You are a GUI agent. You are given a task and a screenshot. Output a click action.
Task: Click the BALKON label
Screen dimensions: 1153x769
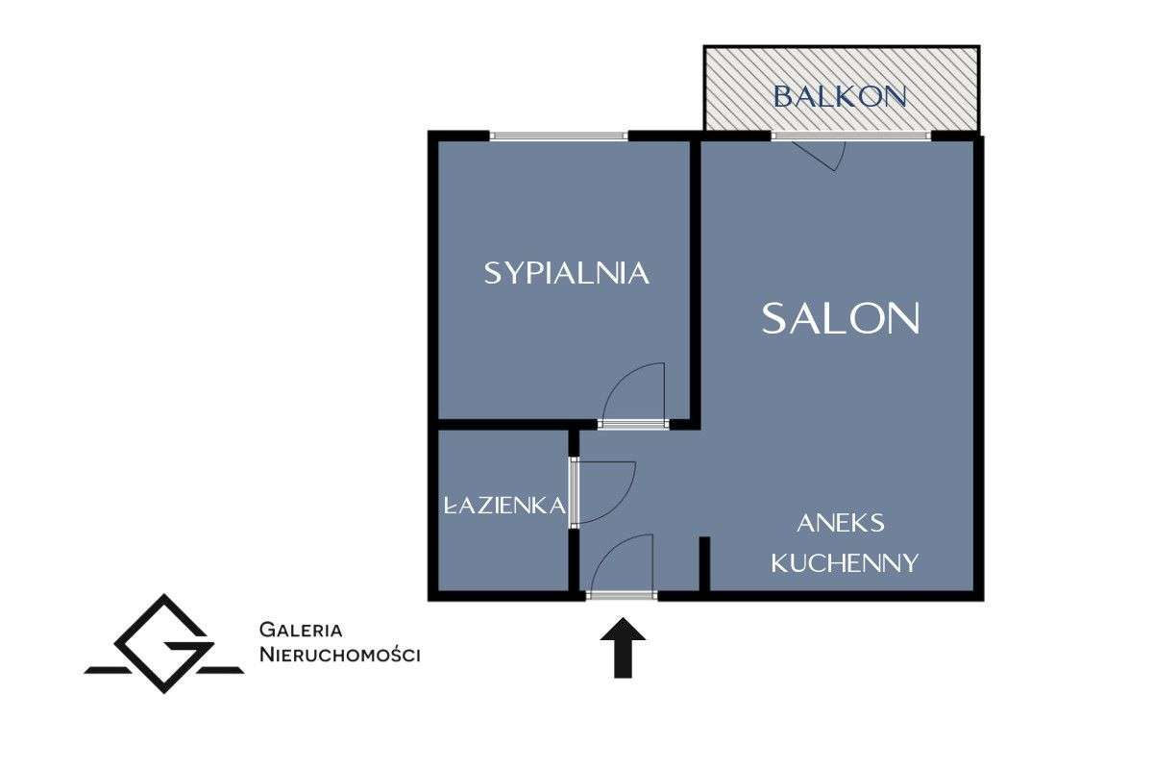coord(840,96)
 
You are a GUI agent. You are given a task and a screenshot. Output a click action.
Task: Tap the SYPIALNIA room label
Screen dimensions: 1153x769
coord(566,273)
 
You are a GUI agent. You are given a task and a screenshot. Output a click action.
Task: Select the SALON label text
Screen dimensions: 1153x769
coord(841,319)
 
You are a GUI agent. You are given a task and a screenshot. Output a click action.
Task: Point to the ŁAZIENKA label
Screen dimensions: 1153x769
coord(505,506)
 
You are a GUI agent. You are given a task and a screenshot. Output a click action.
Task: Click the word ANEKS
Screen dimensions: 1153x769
coord(841,523)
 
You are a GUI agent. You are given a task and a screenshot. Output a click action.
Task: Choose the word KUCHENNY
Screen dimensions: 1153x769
coord(845,563)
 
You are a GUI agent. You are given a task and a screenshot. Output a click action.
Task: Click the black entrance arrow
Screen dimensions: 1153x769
coord(623,648)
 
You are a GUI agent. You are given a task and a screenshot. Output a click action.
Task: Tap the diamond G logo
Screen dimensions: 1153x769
coord(164,644)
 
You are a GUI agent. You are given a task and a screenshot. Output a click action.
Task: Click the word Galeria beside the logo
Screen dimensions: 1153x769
coord(301,630)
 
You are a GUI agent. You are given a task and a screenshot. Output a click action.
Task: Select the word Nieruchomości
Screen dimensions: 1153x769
coord(340,655)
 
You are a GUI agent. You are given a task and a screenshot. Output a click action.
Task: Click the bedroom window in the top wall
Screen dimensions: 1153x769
coord(558,136)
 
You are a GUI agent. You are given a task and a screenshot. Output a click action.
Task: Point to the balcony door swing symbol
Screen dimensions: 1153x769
coord(820,156)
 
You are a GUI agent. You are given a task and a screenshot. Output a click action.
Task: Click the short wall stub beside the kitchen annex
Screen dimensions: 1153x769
coord(704,564)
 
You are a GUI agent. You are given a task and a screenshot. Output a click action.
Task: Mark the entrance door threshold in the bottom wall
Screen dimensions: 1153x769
coord(622,596)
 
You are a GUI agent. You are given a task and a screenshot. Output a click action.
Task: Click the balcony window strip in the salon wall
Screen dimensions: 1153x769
coord(851,136)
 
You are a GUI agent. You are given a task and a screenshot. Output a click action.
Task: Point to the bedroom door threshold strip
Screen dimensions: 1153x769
coord(633,425)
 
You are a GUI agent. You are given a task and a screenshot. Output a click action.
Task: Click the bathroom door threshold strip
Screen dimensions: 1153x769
coord(574,492)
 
